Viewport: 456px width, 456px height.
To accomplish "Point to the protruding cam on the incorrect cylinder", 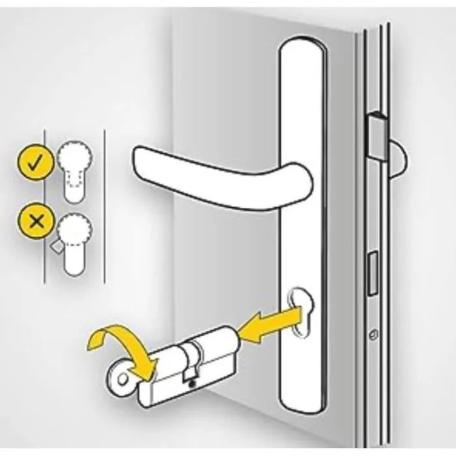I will tap(56, 248).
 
